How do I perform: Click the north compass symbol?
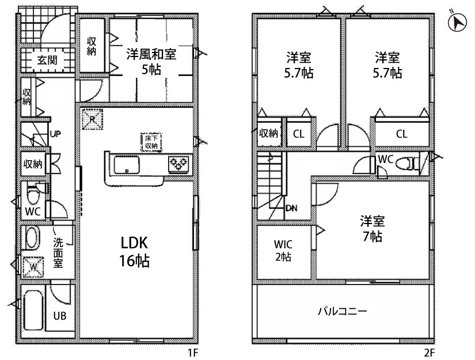[457, 22]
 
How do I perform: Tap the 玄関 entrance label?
[47, 60]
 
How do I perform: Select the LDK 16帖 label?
[135, 252]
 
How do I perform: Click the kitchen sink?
[127, 165]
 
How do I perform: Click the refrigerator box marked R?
[92, 119]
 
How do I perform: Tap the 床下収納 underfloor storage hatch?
[151, 142]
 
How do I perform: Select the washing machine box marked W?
[33, 267]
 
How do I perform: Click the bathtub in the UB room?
[33, 310]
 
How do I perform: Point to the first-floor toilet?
[33, 194]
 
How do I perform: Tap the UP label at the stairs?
[56, 134]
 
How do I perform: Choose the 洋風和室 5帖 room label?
[151, 62]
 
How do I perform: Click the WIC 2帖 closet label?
[283, 251]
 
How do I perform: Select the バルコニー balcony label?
[343, 311]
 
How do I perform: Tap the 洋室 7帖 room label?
[373, 229]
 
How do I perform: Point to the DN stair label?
[291, 208]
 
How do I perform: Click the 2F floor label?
[429, 353]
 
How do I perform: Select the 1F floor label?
[193, 353]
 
